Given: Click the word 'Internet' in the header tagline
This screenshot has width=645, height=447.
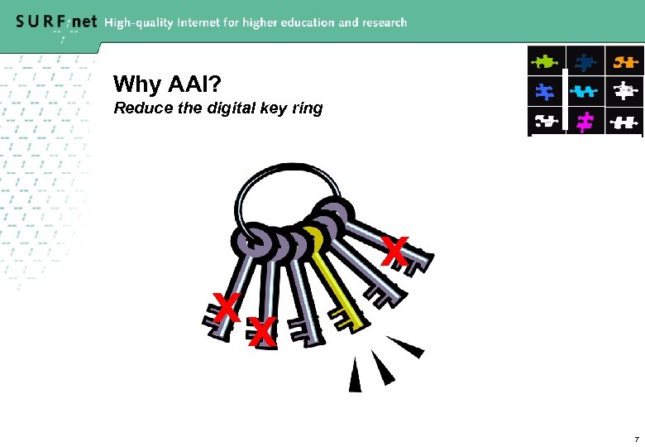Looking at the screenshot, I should click(214, 23).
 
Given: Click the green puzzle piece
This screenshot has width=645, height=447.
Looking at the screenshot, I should click(546, 60).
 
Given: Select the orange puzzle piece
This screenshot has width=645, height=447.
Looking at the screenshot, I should click(624, 60).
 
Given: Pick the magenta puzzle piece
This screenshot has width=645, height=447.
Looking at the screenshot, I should click(585, 123).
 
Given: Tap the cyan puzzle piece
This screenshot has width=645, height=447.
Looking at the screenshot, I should click(585, 91).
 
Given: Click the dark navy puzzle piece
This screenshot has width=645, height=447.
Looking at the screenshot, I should click(585, 60).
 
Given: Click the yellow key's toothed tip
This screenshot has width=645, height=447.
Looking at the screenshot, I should click(346, 320).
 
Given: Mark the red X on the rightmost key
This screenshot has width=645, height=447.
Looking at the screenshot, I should click(395, 252).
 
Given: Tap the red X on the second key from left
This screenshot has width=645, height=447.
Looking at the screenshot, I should click(261, 333).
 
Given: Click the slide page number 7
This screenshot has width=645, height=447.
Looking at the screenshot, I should click(635, 438).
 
